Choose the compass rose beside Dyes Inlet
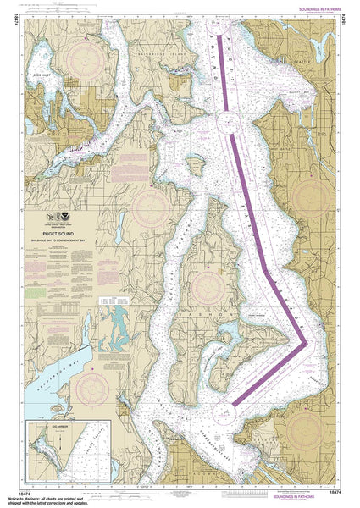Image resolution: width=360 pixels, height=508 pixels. click(86, 60)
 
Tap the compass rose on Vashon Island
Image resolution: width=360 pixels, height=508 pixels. click(206, 286)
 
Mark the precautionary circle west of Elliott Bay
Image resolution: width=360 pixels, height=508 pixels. click(226, 125)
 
